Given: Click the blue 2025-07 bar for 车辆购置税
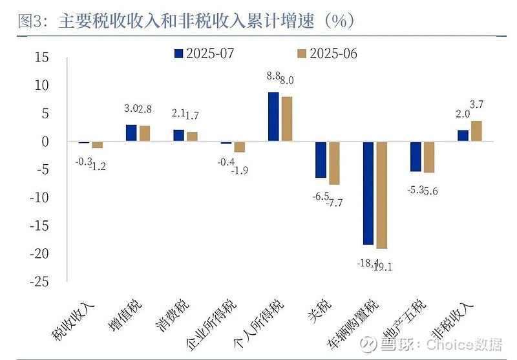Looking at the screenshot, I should [368, 193].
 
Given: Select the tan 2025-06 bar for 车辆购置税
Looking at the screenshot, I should [381, 195].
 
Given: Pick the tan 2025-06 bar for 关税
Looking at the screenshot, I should [334, 163].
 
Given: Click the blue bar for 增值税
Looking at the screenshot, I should [131, 133].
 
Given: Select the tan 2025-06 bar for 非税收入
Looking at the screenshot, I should [476, 131].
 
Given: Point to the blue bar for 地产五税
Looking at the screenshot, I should [416, 156].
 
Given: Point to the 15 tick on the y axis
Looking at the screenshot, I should [41, 58].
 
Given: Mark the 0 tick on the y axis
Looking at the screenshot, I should [45, 142].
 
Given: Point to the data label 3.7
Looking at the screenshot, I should [479, 104].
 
